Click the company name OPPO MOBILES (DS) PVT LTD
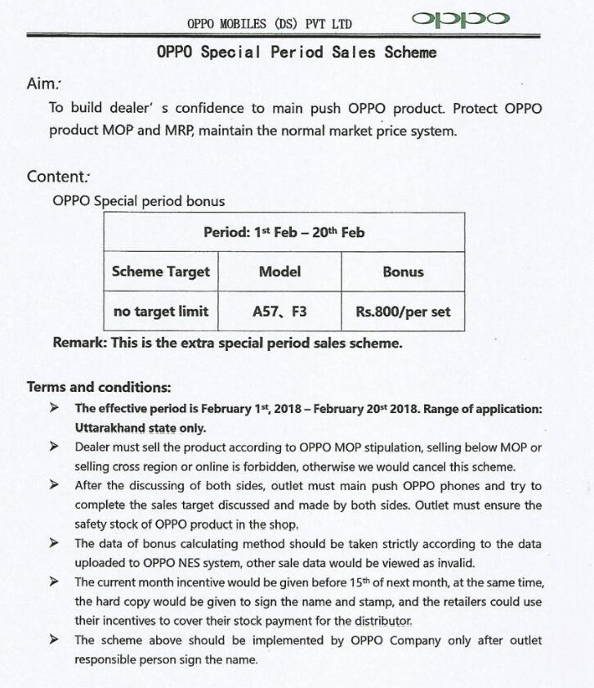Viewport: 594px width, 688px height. pos(269,24)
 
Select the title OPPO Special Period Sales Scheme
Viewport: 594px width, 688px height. pos(297,52)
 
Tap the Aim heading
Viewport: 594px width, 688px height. pos(43,83)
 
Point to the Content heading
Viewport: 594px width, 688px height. pos(58,177)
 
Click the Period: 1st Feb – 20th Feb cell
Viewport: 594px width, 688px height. pos(284,232)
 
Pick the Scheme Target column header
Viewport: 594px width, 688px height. pos(161,272)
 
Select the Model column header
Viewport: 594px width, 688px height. pos(279,272)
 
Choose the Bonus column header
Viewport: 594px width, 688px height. pos(403,272)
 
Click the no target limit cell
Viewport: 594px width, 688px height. pos(161,311)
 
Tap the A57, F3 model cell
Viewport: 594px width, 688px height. pos(279,311)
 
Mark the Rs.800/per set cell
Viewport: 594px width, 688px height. pos(403,311)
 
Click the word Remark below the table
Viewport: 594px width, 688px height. pos(78,343)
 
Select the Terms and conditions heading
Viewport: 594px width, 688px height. pos(99,387)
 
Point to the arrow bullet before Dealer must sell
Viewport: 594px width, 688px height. pos(54,447)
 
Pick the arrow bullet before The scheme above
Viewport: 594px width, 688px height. pos(54,640)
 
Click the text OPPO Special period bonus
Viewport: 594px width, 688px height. pos(138,200)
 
